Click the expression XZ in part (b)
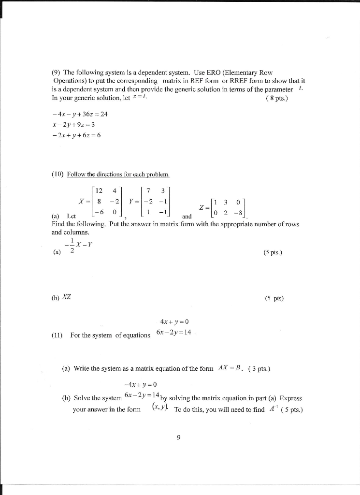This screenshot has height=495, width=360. [x=67, y=298]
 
